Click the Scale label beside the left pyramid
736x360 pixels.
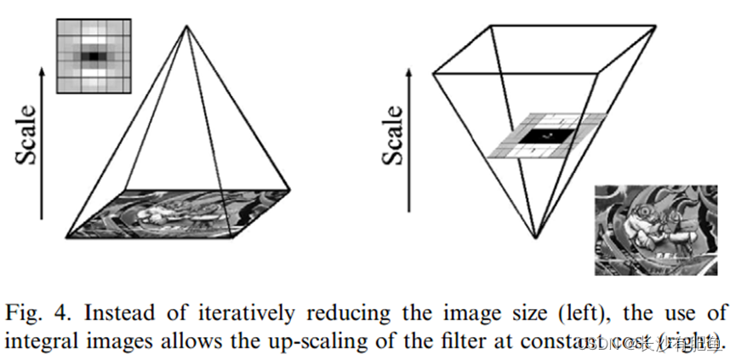click(27, 136)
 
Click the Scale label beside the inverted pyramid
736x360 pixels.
click(393, 136)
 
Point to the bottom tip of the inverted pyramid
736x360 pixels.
click(535, 237)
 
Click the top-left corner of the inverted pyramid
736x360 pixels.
click(434, 72)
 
